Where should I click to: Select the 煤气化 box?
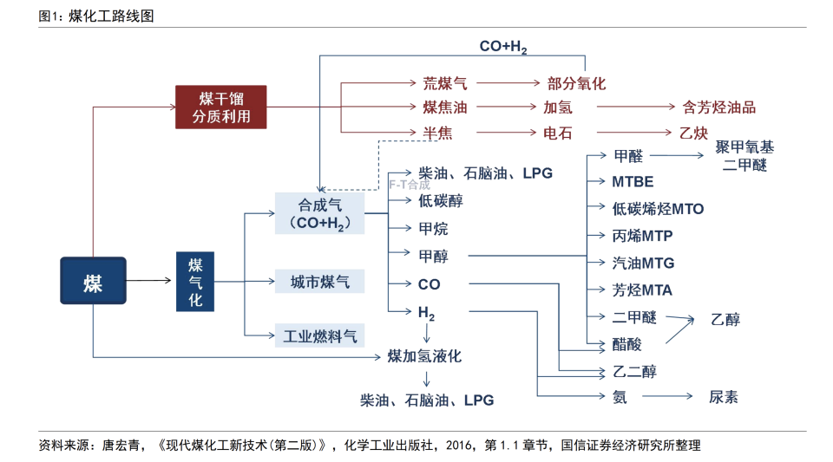click(195, 281)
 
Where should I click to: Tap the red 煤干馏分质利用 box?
click(220, 107)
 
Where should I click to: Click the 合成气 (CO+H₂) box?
click(319, 213)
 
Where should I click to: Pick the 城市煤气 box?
click(319, 282)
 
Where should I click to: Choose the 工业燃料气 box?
click(319, 335)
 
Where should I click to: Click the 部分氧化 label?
click(576, 84)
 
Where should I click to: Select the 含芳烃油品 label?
click(719, 108)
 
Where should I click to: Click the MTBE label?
click(633, 183)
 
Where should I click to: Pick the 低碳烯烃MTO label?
click(658, 210)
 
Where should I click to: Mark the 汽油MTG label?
click(643, 264)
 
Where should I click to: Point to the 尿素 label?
click(724, 397)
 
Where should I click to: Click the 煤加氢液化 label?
click(424, 357)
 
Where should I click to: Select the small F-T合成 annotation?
click(409, 185)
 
